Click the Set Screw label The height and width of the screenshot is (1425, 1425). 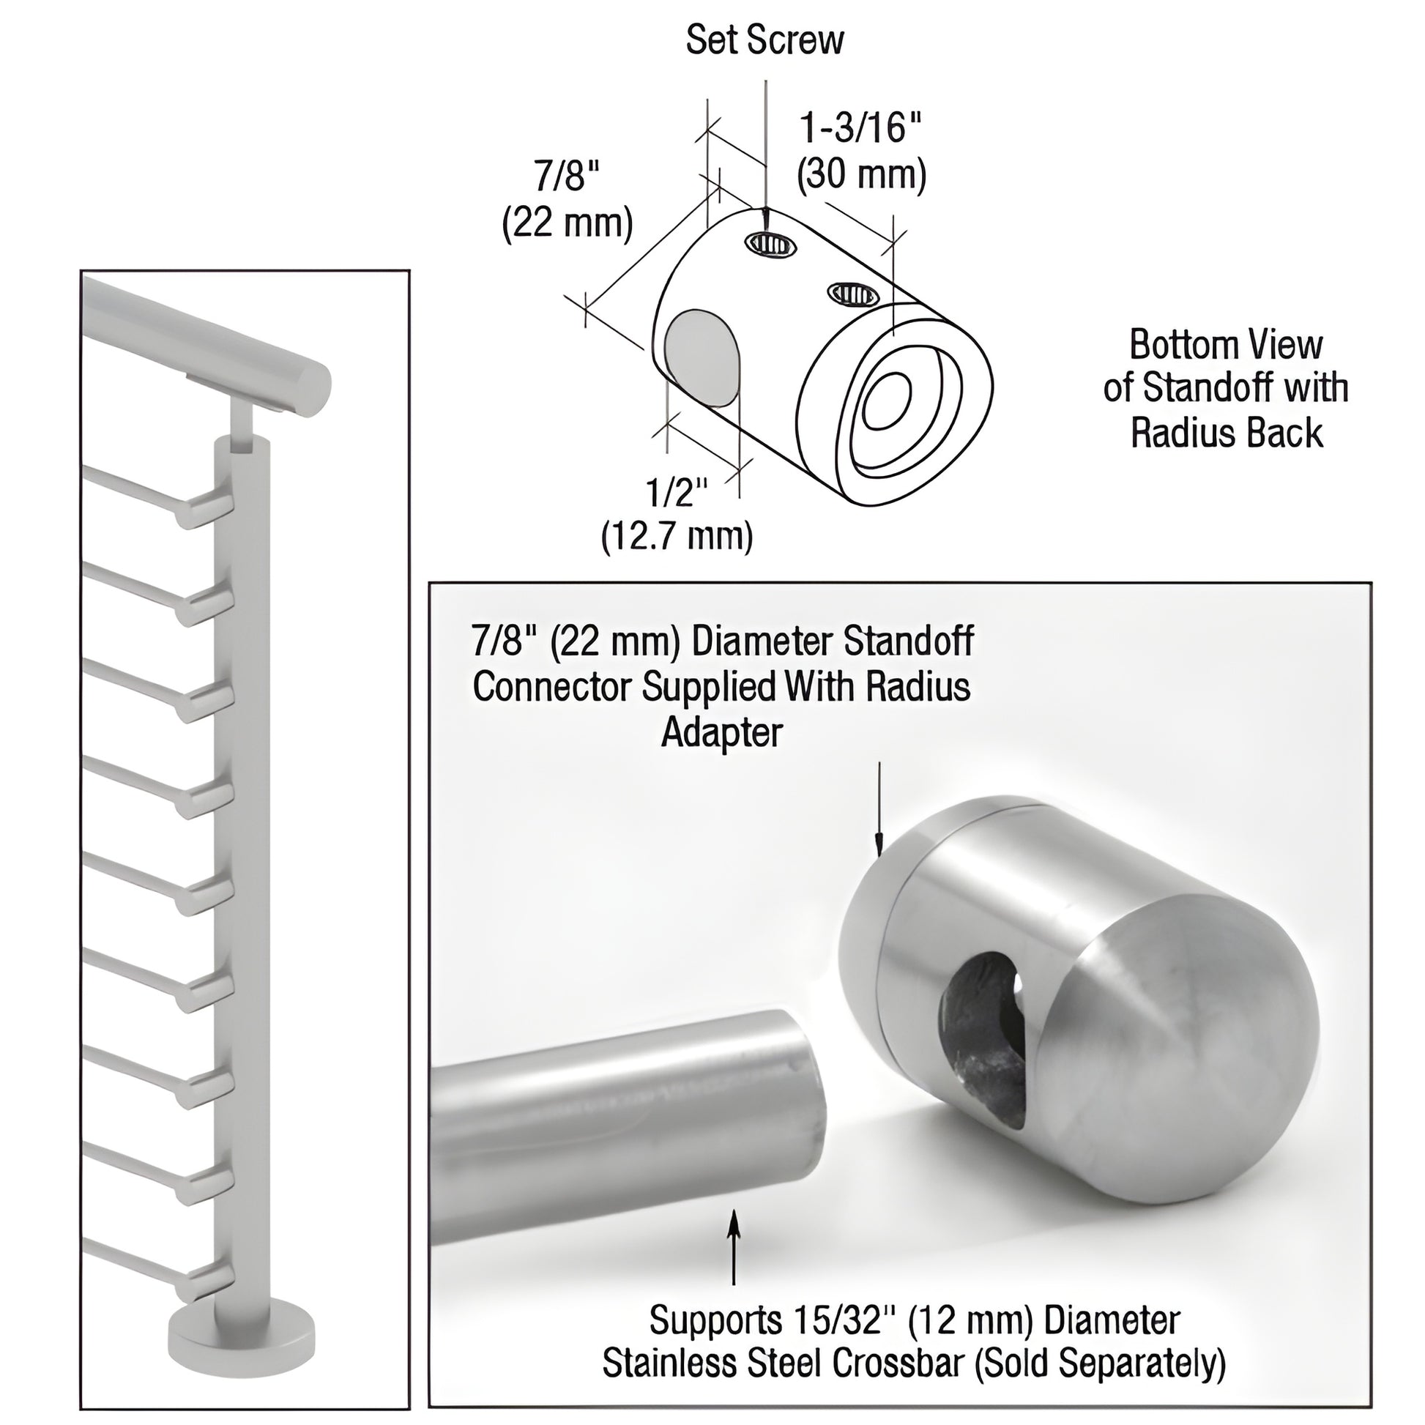click(x=764, y=40)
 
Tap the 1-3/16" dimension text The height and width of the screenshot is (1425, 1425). click(x=860, y=128)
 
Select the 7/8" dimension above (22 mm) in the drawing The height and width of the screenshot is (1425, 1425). click(x=567, y=177)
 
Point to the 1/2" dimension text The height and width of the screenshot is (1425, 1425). click(x=677, y=493)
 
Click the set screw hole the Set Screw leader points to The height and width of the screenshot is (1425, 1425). click(x=772, y=243)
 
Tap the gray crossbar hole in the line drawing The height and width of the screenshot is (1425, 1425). click(x=702, y=360)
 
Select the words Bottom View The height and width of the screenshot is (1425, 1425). click(x=1226, y=345)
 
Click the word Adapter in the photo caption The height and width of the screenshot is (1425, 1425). click(x=721, y=732)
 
